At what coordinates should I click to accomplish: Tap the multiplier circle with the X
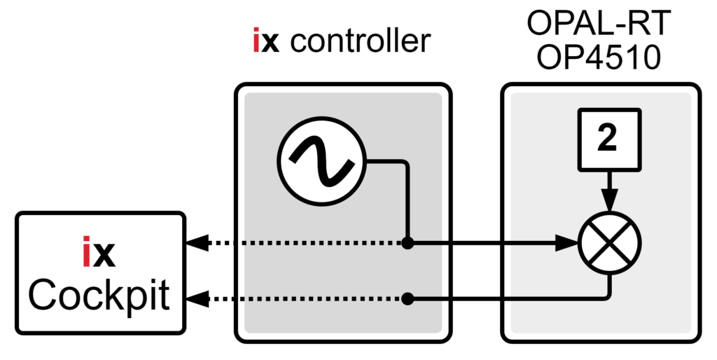[x=609, y=243]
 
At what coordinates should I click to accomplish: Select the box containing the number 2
[x=608, y=141]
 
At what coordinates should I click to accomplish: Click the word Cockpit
[x=99, y=296]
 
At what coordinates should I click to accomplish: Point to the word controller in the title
[x=360, y=42]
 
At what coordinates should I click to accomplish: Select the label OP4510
[x=599, y=58]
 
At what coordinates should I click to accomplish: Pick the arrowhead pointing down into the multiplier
[x=609, y=201]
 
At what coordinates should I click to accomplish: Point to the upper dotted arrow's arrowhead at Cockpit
[x=197, y=244]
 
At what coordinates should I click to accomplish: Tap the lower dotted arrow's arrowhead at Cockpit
[x=197, y=299]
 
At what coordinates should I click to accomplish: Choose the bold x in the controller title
[x=272, y=42]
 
